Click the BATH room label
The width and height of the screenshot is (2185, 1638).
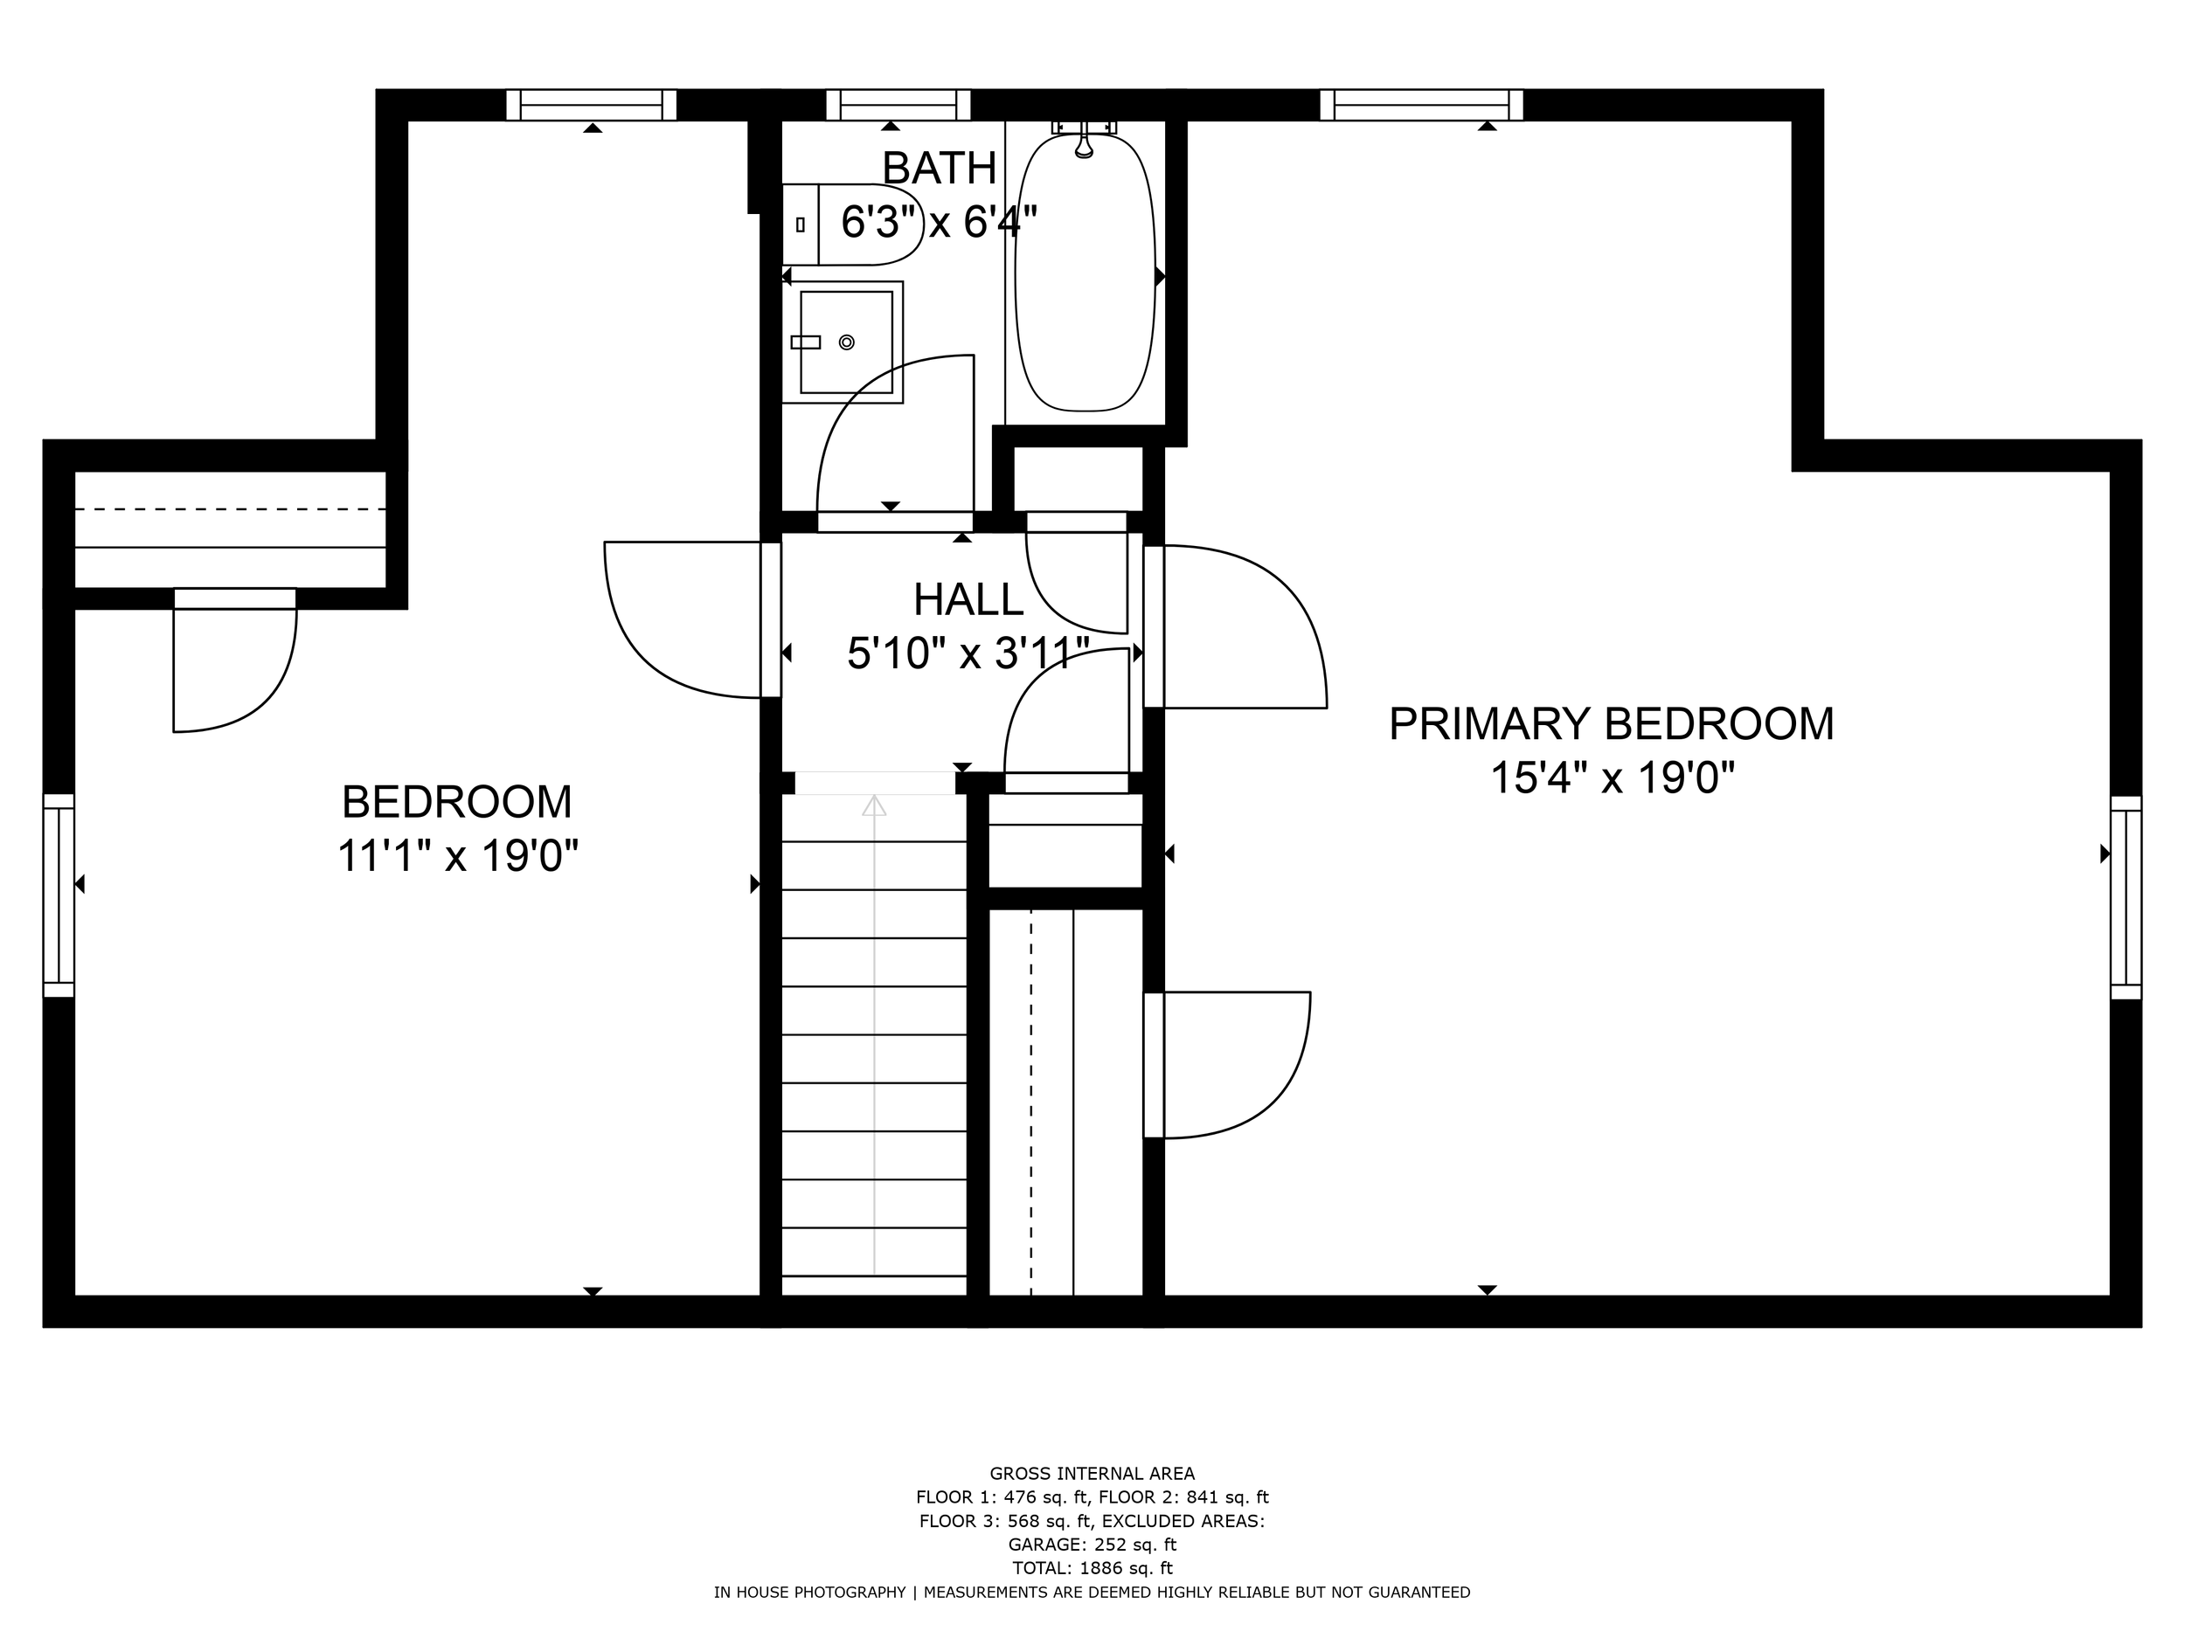[x=939, y=168]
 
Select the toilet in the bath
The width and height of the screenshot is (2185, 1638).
[x=851, y=225]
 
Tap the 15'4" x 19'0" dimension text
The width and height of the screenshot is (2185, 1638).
[x=1611, y=778]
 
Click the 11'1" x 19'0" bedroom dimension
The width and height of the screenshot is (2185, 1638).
[x=456, y=855]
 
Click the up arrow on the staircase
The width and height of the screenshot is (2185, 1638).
[x=873, y=805]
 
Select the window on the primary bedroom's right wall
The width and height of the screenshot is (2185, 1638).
[x=2126, y=897]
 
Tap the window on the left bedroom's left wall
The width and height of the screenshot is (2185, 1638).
[x=59, y=895]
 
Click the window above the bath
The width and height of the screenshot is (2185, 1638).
[x=898, y=105]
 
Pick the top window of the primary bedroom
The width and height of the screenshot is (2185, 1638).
[x=1420, y=105]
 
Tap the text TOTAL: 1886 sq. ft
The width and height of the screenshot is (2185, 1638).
[x=1092, y=1568]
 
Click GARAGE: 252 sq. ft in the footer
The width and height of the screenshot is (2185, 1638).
[x=1092, y=1545]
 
